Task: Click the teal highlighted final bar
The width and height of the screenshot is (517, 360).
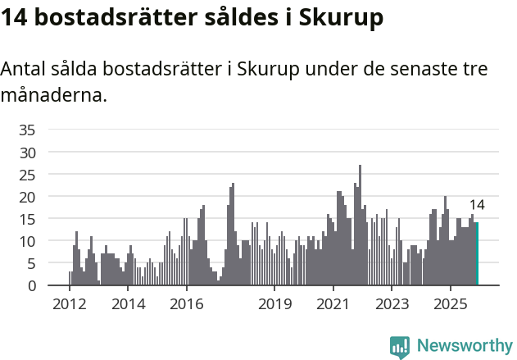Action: click(x=477, y=254)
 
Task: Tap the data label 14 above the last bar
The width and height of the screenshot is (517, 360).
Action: click(x=477, y=205)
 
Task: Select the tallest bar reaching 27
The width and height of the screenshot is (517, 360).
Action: click(x=360, y=226)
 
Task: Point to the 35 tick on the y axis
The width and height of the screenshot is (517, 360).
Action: click(x=27, y=130)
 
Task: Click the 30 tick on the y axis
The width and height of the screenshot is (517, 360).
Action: click(x=27, y=152)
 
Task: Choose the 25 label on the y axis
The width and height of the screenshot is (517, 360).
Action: click(x=27, y=174)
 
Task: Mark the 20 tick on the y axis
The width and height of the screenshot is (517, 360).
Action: click(x=27, y=197)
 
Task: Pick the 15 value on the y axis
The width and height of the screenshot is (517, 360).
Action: click(x=27, y=219)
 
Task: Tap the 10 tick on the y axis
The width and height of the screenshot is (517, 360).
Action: click(x=27, y=241)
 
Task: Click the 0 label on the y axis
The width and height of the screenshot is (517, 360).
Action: click(x=31, y=285)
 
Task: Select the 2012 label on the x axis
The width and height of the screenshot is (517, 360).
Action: click(x=69, y=304)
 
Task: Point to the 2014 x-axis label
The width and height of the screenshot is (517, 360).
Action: click(x=128, y=304)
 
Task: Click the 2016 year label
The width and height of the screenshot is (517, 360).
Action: click(x=187, y=304)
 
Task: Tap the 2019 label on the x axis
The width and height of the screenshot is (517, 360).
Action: click(x=274, y=304)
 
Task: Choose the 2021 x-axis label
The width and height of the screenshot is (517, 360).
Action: click(x=333, y=304)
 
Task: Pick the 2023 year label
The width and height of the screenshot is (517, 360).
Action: click(x=392, y=304)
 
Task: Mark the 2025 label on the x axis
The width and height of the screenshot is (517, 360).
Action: click(x=451, y=304)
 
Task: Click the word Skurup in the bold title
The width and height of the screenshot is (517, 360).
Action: click(x=341, y=19)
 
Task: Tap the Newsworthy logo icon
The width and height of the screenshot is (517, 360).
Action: click(x=400, y=346)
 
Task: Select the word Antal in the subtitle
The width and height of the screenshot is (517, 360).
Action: click(x=24, y=70)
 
